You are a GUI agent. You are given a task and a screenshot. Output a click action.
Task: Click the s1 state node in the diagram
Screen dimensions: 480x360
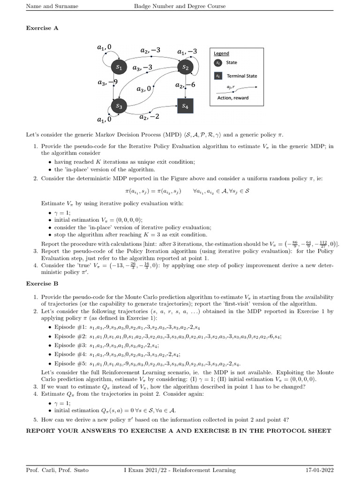119,67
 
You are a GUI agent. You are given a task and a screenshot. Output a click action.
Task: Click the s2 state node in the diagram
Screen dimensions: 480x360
185,67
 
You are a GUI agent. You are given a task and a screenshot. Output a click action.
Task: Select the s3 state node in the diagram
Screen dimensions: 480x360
119,107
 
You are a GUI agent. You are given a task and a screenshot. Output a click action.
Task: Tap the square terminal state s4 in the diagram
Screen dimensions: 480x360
185,107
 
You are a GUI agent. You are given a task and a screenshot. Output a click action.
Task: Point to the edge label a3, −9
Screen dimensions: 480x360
107,82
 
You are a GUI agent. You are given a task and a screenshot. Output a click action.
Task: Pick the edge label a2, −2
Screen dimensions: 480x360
150,116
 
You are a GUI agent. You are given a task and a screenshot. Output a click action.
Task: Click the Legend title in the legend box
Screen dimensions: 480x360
222,54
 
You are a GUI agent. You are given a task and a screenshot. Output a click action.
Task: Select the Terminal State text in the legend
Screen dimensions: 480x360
242,76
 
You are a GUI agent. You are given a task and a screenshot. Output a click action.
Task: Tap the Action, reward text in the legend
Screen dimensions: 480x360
233,98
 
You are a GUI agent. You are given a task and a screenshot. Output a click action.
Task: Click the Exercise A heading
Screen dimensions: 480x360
42,28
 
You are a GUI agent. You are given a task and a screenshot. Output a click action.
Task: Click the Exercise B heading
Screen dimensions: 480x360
42,284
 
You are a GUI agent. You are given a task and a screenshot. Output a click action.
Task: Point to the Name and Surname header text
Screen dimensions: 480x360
52,6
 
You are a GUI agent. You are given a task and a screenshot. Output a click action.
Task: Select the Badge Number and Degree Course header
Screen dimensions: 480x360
180,6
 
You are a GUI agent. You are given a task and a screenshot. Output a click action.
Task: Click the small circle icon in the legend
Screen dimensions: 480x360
218,62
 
